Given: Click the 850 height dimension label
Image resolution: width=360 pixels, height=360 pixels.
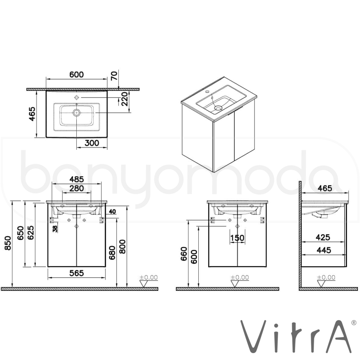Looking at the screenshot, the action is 8,243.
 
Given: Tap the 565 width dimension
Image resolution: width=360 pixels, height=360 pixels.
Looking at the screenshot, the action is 77,273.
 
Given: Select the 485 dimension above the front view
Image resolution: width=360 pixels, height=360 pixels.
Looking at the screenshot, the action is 77,179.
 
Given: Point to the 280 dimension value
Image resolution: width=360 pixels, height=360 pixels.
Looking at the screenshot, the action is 77,189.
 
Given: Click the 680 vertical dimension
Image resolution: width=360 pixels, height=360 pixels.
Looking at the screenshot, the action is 112,253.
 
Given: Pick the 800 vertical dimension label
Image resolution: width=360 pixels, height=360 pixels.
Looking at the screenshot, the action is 123,247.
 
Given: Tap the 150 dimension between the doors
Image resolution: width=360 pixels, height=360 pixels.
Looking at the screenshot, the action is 237,238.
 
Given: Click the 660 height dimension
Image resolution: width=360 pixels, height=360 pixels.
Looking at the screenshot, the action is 184,254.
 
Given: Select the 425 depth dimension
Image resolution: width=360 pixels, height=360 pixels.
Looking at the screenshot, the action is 323,237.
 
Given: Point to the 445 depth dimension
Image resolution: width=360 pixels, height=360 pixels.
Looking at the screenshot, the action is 324,250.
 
